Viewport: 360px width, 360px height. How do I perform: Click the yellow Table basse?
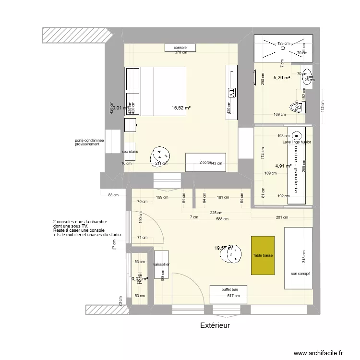coord(263,255)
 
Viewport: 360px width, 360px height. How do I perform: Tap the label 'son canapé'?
coord(300,274)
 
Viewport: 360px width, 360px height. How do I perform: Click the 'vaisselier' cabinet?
coord(161,264)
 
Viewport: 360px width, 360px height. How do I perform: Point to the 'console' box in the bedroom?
coord(180,48)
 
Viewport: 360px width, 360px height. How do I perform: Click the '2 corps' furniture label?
coord(205,163)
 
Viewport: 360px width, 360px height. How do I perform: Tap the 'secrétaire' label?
coord(130,151)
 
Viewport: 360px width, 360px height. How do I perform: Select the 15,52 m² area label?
coord(181,108)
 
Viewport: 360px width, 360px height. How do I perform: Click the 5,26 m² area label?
coord(282,77)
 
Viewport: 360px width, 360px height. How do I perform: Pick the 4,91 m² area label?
coord(283,166)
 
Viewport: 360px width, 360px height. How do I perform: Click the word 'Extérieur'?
coord(215,325)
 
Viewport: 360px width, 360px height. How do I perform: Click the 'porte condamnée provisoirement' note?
coord(89,142)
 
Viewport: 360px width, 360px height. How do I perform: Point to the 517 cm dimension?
coord(233,296)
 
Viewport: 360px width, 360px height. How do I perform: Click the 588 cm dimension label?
coord(222,219)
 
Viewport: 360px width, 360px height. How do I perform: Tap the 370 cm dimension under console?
coord(181,52)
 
